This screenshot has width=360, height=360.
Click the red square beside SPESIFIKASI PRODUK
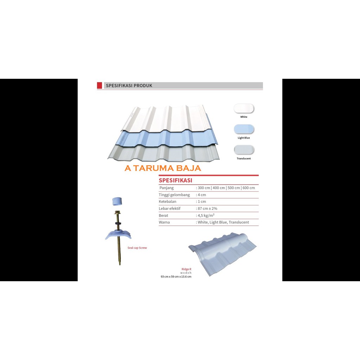99,85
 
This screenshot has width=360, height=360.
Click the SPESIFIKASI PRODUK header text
129,85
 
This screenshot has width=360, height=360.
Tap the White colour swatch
244,108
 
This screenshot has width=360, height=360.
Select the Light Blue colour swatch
244,129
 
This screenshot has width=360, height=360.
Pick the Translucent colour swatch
244,150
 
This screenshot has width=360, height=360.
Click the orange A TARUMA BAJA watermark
163,168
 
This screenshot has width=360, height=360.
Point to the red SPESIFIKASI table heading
175,180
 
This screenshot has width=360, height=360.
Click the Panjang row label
166,188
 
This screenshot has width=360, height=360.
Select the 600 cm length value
249,188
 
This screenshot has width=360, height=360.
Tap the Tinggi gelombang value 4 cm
201,195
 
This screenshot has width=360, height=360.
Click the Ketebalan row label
167,201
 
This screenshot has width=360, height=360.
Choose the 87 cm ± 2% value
207,208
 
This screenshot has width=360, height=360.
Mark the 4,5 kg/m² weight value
206,216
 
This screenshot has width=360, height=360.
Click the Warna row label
164,222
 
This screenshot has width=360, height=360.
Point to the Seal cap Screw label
137,248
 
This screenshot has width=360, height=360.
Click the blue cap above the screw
117,201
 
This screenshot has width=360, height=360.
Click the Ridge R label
186,269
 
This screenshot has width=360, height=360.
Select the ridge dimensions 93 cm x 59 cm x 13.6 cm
176,277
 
